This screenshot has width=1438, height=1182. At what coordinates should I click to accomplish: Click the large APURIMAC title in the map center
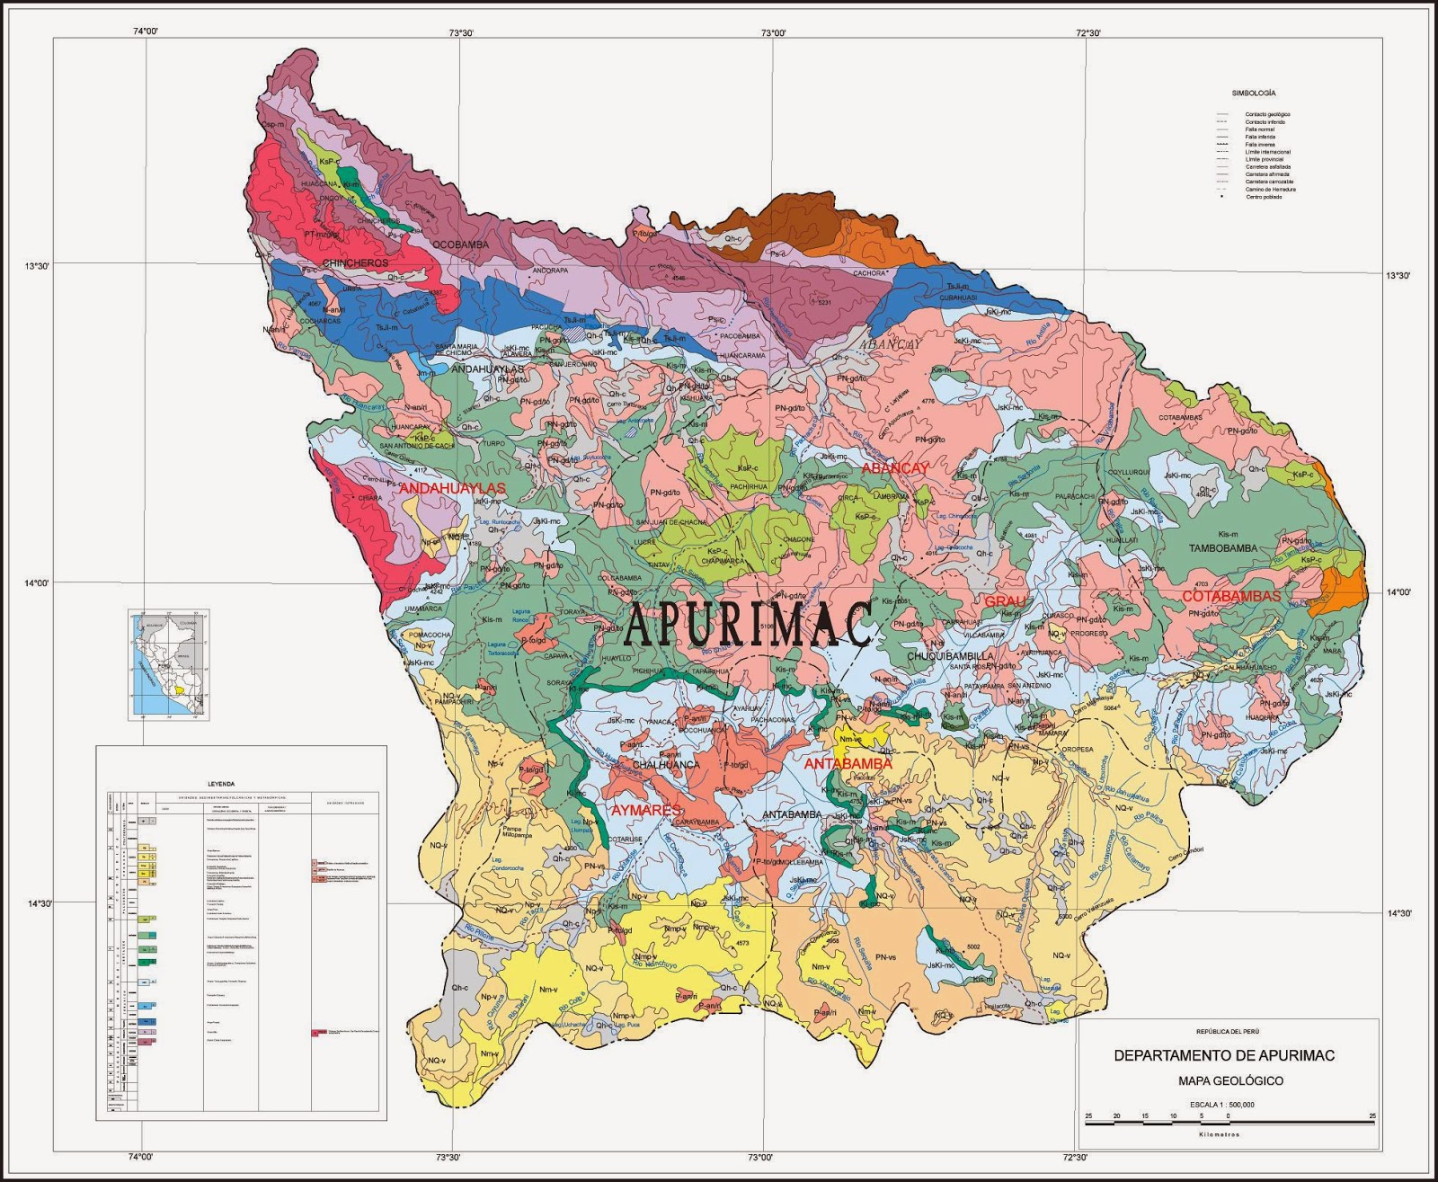pos(748,624)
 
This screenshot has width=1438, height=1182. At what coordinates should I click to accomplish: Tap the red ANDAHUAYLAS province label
pos(452,488)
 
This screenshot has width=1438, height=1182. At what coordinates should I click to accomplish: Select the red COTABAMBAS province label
pos(1230,597)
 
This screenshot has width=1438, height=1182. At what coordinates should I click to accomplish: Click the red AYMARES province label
pos(646,811)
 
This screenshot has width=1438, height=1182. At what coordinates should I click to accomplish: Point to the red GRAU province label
pos(1005,601)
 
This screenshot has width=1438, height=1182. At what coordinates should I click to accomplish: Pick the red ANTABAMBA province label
pos(848,764)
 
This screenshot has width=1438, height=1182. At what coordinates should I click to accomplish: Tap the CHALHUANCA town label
pos(666,765)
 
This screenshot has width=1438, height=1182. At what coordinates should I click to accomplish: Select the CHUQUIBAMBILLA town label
pos(951,656)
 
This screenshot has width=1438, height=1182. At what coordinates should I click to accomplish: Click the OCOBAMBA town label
pos(460,244)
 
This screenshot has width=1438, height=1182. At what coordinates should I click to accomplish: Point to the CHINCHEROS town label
pos(355,263)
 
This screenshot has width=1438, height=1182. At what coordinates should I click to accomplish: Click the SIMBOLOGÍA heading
pos(1253,93)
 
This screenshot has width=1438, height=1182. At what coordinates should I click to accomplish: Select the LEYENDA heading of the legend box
pos(220,784)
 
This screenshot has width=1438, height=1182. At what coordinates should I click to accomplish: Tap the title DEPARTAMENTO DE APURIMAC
pos(1224,1055)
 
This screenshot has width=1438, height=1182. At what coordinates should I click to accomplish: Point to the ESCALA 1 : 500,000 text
pos(1222,1105)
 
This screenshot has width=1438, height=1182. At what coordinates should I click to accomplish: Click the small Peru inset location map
pos(169,665)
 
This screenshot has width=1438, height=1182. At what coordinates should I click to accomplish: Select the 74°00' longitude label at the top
pos(145,31)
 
